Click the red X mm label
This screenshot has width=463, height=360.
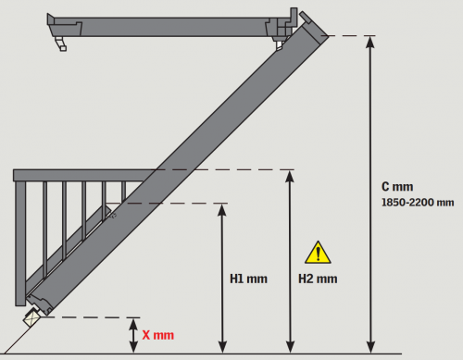click(x=157, y=335)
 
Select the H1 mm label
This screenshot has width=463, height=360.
click(x=248, y=279)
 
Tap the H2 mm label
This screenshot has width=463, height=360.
click(x=318, y=279)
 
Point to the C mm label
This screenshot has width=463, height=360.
click(x=397, y=187)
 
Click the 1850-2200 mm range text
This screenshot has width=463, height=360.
click(x=418, y=203)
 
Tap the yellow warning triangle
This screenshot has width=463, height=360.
click(x=318, y=253)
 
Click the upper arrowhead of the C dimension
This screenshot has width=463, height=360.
click(x=370, y=42)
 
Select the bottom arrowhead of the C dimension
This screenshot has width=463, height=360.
click(x=370, y=347)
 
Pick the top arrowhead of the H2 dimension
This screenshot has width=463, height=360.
click(x=290, y=176)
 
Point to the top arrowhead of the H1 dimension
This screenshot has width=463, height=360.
click(x=222, y=209)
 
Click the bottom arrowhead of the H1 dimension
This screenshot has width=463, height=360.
click(x=222, y=347)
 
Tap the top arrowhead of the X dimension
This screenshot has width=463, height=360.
click(x=133, y=324)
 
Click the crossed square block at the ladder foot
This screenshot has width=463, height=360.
click(x=32, y=318)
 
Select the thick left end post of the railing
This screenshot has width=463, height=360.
click(x=20, y=243)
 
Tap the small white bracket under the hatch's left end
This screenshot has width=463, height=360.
click(x=61, y=43)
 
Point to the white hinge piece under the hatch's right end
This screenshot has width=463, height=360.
click(x=280, y=44)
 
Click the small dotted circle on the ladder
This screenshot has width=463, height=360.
click(x=114, y=216)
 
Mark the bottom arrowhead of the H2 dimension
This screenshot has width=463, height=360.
click(x=290, y=347)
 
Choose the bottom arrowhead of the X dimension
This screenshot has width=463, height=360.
click(x=133, y=347)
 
